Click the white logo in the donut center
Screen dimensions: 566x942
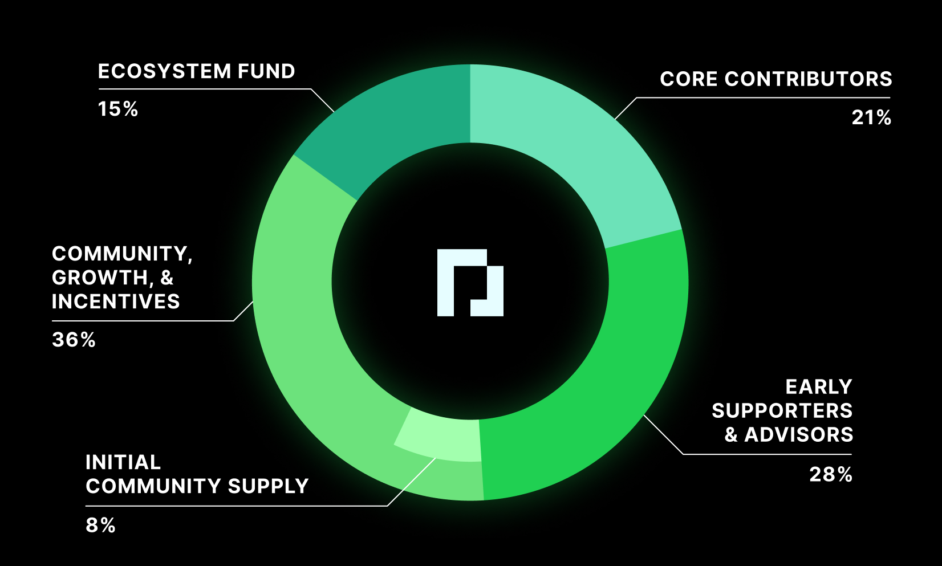point(470,283)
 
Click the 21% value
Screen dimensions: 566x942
point(871,117)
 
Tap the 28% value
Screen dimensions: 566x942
point(831,474)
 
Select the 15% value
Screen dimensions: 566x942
point(118,109)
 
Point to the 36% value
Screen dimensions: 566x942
point(74,340)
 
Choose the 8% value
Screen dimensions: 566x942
point(101,525)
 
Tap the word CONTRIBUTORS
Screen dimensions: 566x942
point(808,79)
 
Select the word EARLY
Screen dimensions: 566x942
point(819,387)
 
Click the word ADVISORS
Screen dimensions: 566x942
point(799,435)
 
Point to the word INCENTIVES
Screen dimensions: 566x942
point(116,302)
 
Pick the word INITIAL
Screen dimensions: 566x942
point(123,462)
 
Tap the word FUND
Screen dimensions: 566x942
point(266,71)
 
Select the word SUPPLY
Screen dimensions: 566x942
point(268,486)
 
